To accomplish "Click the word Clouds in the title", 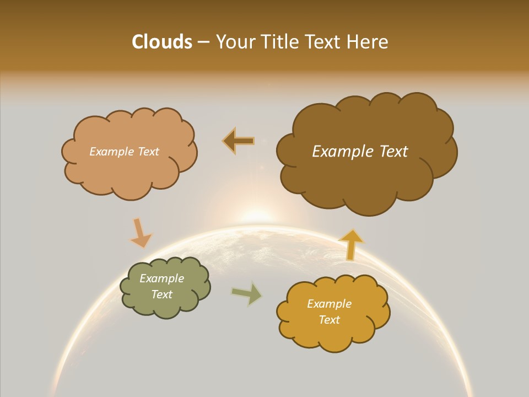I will pyautogui.click(x=161, y=42).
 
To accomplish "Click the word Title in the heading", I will pyautogui.click(x=275, y=42).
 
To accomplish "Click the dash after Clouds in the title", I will pyautogui.click(x=203, y=42).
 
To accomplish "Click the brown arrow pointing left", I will pyautogui.click(x=239, y=141).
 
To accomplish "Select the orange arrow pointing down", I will pyautogui.click(x=141, y=233).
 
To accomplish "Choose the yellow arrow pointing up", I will pyautogui.click(x=351, y=244).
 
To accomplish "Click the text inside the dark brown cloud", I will pyautogui.click(x=360, y=152).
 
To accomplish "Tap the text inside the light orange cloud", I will pyautogui.click(x=124, y=152).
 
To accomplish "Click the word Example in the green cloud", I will pyautogui.click(x=161, y=278).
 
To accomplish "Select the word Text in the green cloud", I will pyautogui.click(x=161, y=294).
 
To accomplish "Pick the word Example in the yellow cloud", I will pyautogui.click(x=329, y=304).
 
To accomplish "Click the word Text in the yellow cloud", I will pyautogui.click(x=329, y=320).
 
